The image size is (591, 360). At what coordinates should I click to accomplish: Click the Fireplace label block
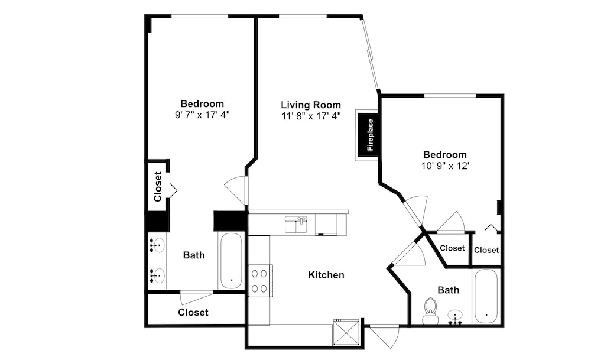point(368,135)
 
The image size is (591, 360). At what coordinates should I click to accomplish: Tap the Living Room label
point(311,105)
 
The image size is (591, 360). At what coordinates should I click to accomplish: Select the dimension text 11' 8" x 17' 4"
point(311,116)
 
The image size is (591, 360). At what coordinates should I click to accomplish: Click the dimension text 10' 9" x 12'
point(445,166)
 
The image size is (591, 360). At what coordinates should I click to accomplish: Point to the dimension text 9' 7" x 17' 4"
point(202,115)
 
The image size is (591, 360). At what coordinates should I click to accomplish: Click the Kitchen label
point(326,275)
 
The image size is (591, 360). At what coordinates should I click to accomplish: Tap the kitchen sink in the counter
point(296,225)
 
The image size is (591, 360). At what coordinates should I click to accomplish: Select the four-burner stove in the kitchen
point(260,281)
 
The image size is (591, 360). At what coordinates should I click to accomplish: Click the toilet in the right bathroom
point(430,311)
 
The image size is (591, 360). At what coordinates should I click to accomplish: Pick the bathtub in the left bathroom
point(230,261)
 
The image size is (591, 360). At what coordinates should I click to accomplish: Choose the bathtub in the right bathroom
point(486,296)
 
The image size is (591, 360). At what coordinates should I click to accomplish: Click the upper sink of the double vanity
point(157,245)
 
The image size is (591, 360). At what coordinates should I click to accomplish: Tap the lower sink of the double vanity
point(157,275)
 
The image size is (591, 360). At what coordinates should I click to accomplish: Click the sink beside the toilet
point(455,317)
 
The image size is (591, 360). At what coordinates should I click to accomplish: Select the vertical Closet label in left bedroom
point(158,187)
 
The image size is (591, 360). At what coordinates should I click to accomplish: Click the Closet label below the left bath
point(193,312)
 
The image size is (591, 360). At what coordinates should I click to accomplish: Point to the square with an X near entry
point(346,332)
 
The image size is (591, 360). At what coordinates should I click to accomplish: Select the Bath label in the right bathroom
point(448,290)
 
